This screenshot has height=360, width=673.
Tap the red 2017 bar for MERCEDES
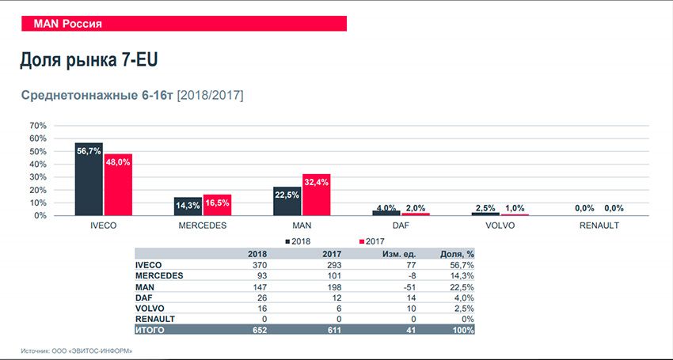[216, 205]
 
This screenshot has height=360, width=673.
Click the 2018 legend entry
[298, 240]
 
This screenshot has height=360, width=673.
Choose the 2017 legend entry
[372, 240]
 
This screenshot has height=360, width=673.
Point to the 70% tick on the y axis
[38, 126]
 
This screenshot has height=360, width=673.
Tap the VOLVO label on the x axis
[500, 226]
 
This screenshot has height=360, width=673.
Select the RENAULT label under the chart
[598, 226]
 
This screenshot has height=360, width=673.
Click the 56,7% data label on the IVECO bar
[89, 150]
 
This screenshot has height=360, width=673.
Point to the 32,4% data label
[315, 182]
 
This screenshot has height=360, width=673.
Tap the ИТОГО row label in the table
[150, 329]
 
